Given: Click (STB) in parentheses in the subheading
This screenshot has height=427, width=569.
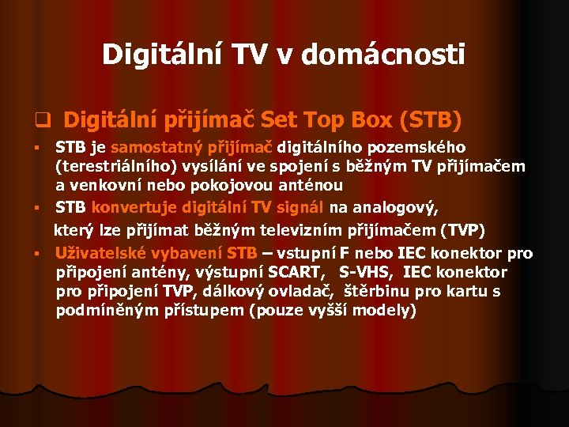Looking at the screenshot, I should (431, 120).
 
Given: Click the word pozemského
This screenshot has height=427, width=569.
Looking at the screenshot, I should (425, 147).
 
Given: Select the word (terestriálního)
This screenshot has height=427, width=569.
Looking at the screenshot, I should (110, 166).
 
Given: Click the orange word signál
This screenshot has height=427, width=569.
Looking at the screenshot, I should (301, 207).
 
